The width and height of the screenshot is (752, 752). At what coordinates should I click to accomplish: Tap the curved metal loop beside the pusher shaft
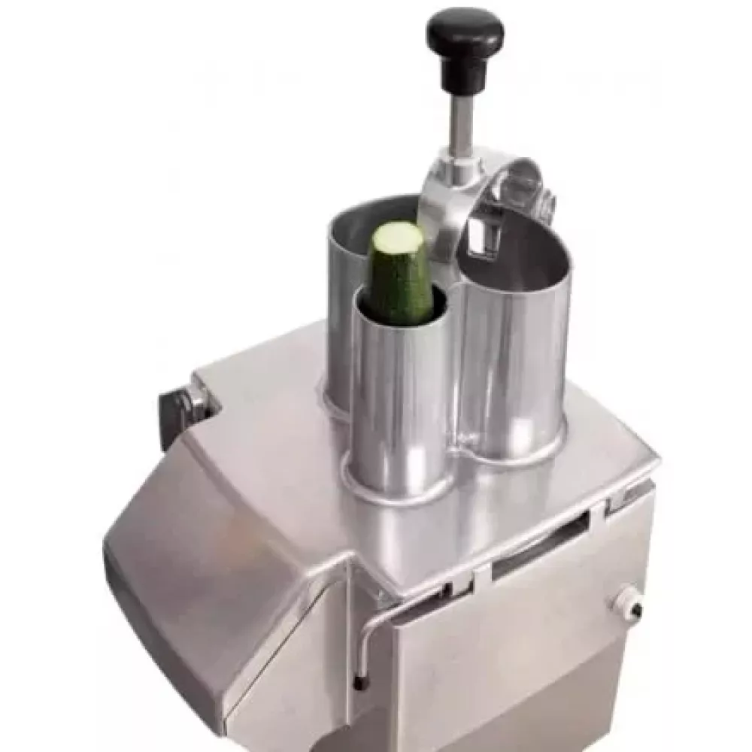(x=519, y=180)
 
